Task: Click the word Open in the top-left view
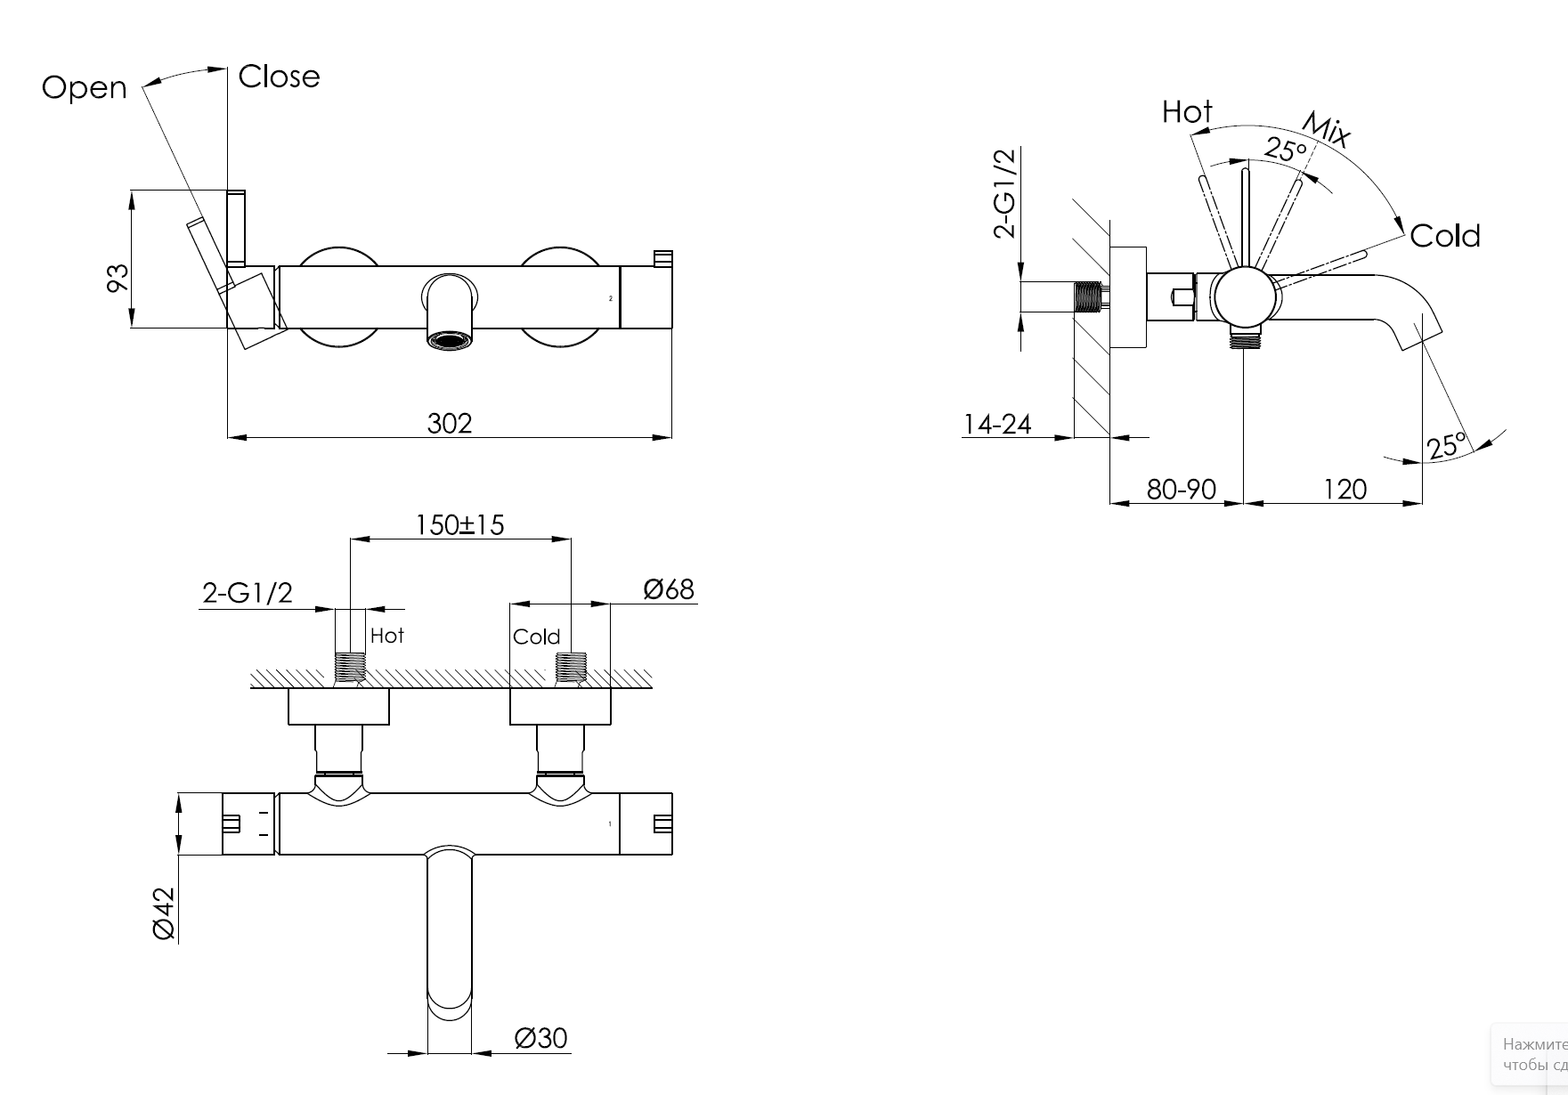(x=85, y=87)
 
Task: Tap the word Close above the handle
(x=279, y=77)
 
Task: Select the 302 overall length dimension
(x=449, y=423)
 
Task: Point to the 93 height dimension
(x=118, y=277)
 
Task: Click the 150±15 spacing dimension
(x=459, y=525)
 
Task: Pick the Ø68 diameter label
(x=668, y=589)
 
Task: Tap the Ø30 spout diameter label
(x=540, y=1038)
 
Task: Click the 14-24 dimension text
(x=997, y=424)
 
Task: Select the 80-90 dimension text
(x=1181, y=489)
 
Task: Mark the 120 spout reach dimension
(x=1345, y=489)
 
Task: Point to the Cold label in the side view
(x=1444, y=236)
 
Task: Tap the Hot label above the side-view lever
(x=1187, y=112)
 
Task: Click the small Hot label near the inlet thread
(x=386, y=636)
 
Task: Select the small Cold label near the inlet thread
(x=536, y=637)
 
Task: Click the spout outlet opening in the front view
(x=449, y=339)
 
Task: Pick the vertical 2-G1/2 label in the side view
(x=1004, y=193)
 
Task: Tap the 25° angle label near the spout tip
(x=1446, y=445)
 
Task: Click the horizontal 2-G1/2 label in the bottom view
(x=248, y=593)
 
